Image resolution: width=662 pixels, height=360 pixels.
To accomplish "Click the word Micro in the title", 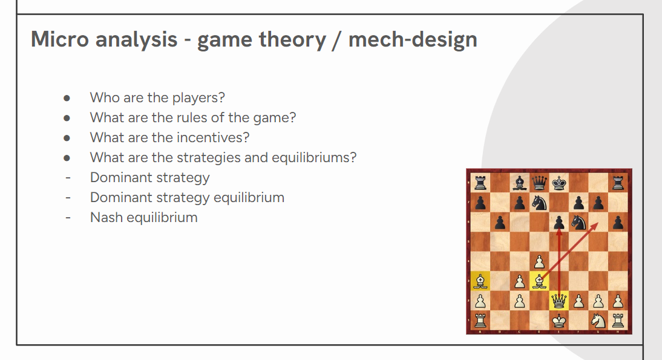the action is point(59,39).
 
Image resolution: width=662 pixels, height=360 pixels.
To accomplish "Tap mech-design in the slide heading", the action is point(413,40).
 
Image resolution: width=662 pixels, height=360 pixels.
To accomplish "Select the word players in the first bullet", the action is point(198,98).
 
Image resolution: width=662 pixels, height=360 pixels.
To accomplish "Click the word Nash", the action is point(107,217).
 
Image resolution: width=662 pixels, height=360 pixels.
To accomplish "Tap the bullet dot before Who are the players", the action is point(67,99).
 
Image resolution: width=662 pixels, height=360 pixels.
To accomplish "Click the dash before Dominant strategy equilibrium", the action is point(68,197).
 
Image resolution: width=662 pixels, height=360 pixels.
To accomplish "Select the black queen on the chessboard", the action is point(539,183).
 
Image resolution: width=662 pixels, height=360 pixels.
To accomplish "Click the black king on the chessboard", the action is point(559,183).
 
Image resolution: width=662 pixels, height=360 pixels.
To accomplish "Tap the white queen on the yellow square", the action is point(559,301).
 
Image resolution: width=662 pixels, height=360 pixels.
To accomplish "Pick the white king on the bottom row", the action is point(559,321).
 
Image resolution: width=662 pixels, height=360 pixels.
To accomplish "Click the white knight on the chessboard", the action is point(598,321).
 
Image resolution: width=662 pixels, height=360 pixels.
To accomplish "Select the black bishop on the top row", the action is point(520,183).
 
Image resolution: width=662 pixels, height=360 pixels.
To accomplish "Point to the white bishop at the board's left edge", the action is point(480,281).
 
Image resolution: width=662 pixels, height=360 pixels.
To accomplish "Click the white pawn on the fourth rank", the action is point(539,262).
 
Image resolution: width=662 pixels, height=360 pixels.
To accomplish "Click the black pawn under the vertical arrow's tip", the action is point(559,223).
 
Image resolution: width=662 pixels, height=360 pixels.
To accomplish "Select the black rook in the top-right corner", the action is point(618,183).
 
